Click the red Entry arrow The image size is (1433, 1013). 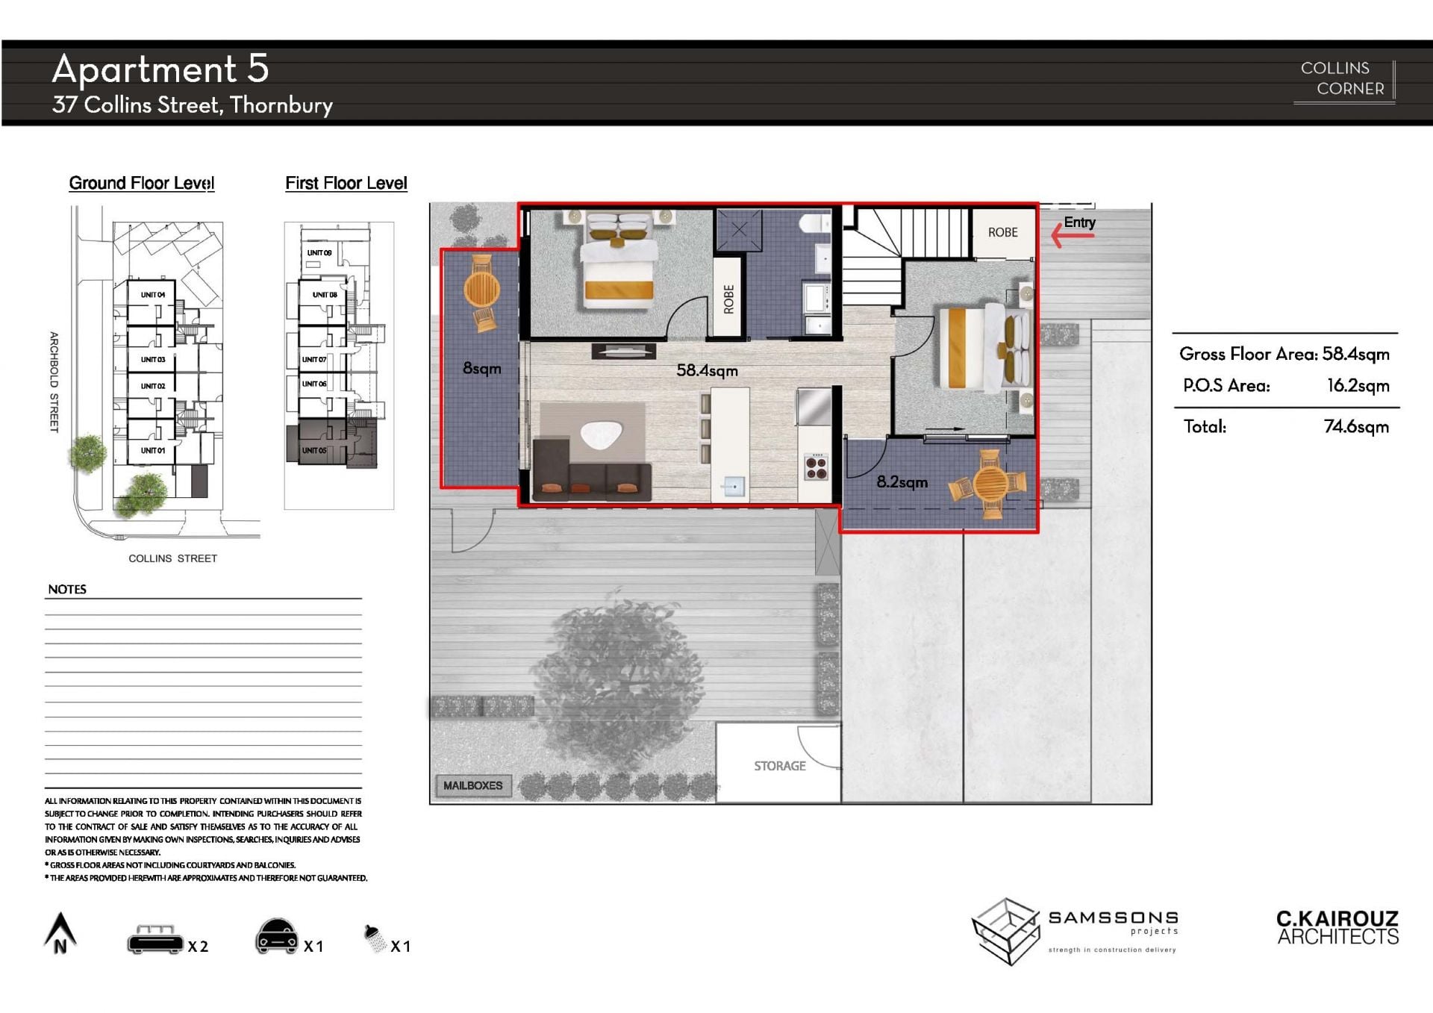pos(1073,235)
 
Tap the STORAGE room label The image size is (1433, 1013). pos(779,766)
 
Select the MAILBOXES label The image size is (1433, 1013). pos(472,785)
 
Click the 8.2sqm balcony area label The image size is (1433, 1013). pos(902,482)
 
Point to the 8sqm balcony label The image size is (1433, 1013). pos(481,368)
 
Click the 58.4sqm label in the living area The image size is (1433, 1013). pos(707,370)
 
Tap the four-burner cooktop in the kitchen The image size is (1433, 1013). pos(816,467)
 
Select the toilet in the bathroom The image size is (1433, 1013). pos(815,222)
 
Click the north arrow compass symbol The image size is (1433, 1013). pos(60,933)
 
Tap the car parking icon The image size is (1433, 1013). pos(277,937)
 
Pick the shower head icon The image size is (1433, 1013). pos(374,938)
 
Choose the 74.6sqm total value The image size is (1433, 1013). pos(1356,427)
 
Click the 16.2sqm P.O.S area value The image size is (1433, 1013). pos(1358,386)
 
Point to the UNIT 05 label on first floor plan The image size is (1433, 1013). pos(314,450)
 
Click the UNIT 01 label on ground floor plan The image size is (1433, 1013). pos(153,450)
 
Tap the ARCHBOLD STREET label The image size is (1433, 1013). pos(54,382)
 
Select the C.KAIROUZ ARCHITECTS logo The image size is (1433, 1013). pos(1337,928)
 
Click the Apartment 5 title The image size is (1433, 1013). pos(160,69)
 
